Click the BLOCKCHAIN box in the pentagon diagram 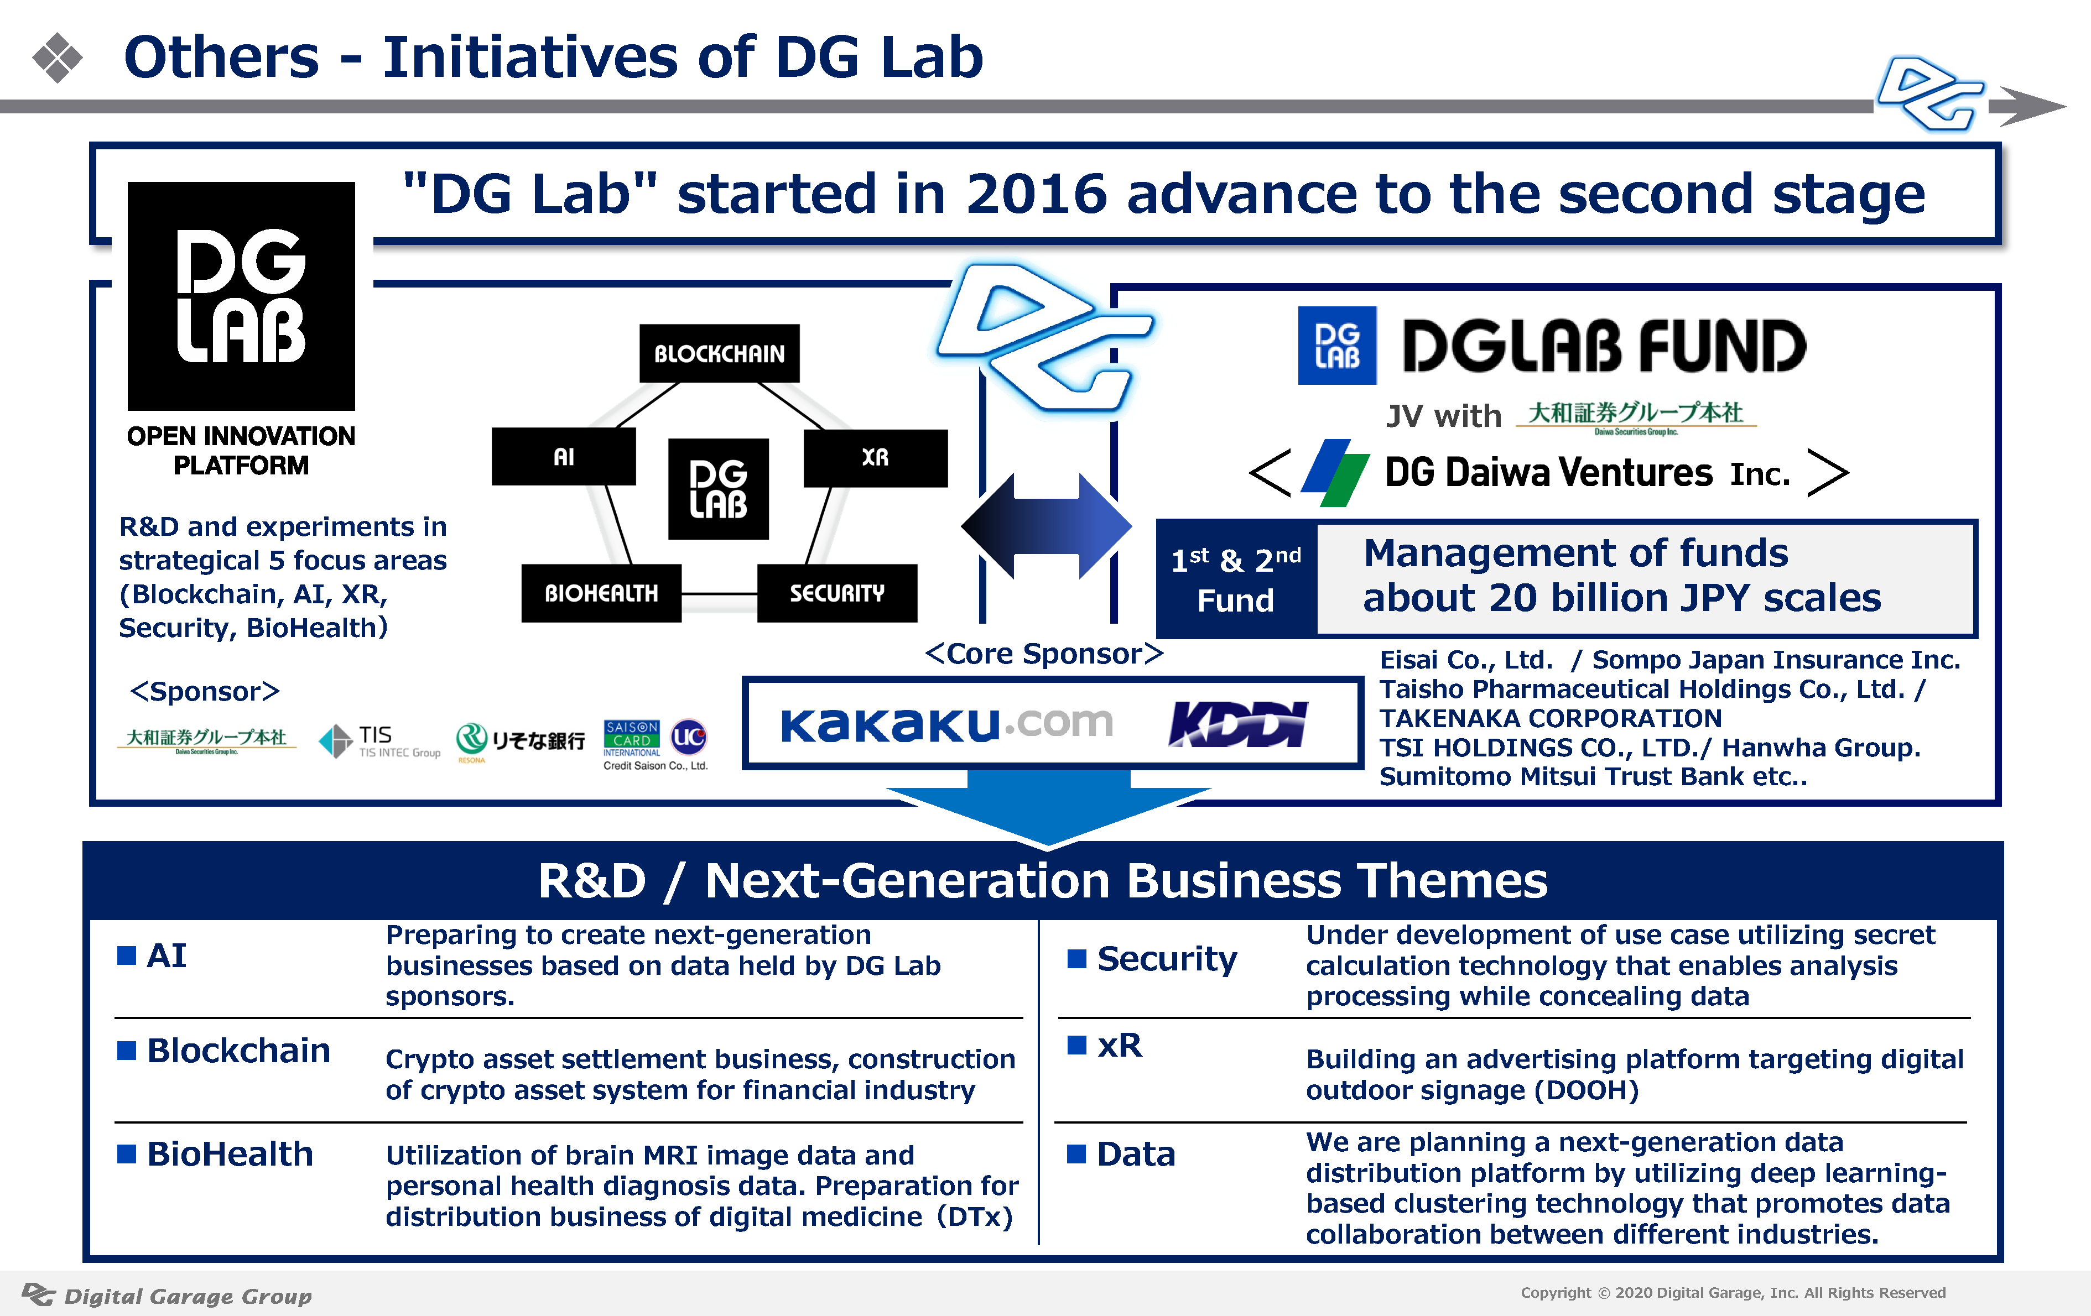(x=719, y=353)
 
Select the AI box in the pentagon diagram (x=564, y=457)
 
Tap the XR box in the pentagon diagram (x=875, y=457)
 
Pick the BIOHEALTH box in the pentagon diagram (x=601, y=593)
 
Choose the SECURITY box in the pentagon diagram (x=837, y=593)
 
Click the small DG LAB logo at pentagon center (x=718, y=489)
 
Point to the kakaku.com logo (x=946, y=723)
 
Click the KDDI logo (x=1237, y=724)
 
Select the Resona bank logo (x=520, y=741)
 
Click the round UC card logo (x=689, y=738)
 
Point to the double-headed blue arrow (x=1047, y=526)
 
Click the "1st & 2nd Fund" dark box (x=1236, y=579)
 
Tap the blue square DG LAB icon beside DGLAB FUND (x=1337, y=346)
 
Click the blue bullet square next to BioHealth (x=127, y=1153)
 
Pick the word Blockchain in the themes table (x=239, y=1051)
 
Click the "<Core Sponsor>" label (x=1044, y=653)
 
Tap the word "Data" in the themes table (x=1136, y=1153)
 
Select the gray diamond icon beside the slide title (x=58, y=58)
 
